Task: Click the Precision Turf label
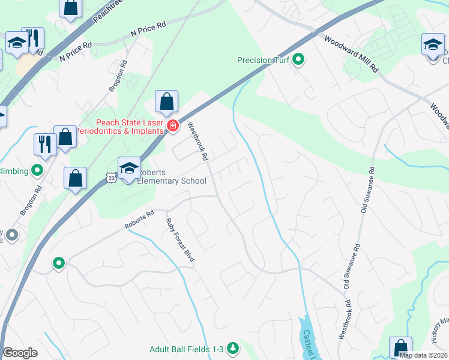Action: click(264, 60)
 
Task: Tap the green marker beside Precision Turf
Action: click(298, 60)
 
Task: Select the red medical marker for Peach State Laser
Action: click(173, 125)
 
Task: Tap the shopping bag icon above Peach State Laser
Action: click(167, 101)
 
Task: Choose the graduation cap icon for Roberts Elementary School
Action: click(129, 169)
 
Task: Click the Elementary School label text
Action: click(172, 181)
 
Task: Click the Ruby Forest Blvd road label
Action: click(180, 239)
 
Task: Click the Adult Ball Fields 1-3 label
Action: click(187, 348)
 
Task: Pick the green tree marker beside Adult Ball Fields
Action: click(232, 348)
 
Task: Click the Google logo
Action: click(20, 353)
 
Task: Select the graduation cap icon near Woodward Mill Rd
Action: click(433, 46)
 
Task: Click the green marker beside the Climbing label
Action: click(38, 171)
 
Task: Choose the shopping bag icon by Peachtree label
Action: click(71, 7)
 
